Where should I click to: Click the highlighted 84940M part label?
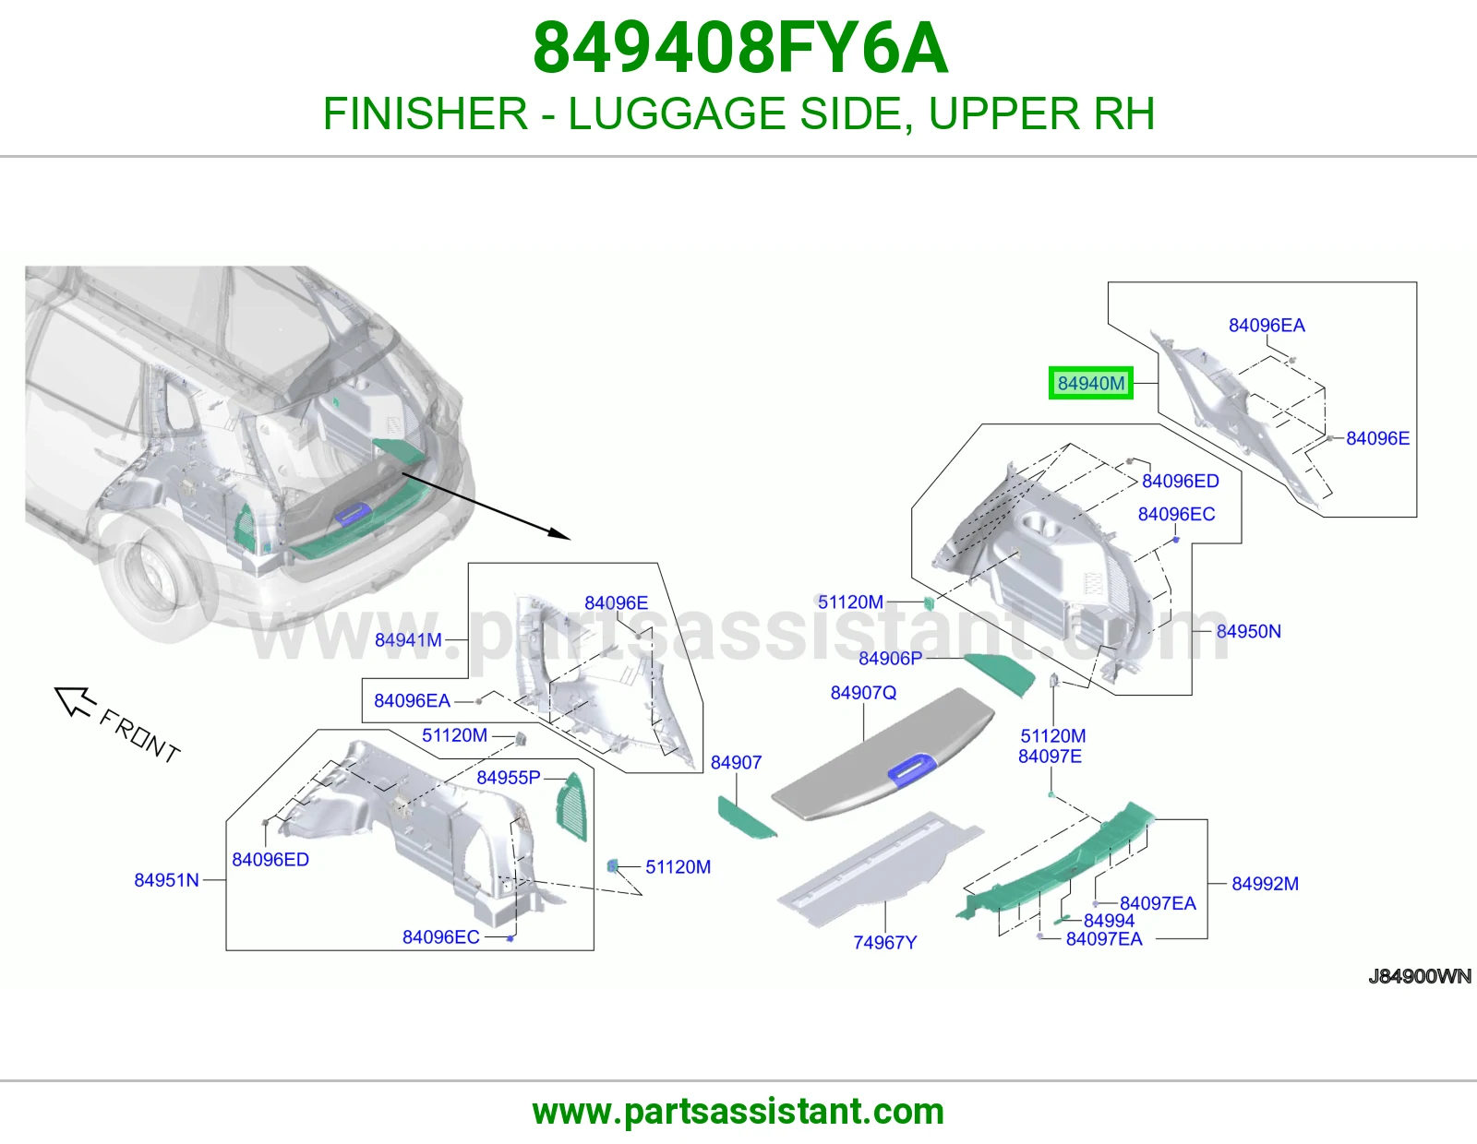(1090, 383)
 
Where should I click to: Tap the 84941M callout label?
(408, 640)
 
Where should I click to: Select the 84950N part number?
(1249, 631)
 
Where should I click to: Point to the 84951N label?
(166, 880)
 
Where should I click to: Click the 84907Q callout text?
(863, 692)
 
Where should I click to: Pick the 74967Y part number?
(885, 942)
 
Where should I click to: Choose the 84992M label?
(1265, 883)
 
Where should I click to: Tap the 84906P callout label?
(891, 659)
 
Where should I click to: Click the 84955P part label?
(509, 777)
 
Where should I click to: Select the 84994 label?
(1109, 921)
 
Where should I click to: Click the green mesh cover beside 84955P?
(571, 806)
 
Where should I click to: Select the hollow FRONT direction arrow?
(74, 701)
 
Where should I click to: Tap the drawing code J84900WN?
(1419, 976)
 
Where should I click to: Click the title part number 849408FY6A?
(739, 48)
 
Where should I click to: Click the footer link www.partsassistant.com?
(738, 1112)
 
